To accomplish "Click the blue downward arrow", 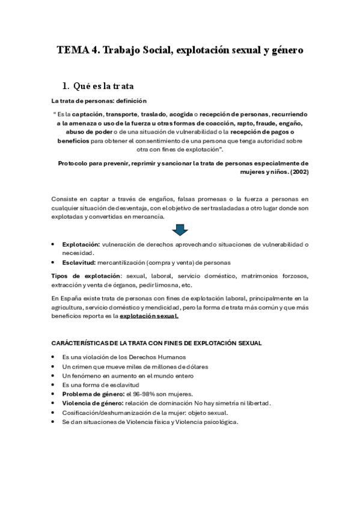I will click(x=180, y=230).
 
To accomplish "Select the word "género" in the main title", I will click(x=282, y=51).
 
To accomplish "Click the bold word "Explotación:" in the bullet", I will click(x=81, y=245).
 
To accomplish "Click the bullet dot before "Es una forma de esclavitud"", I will click(x=54, y=384).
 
